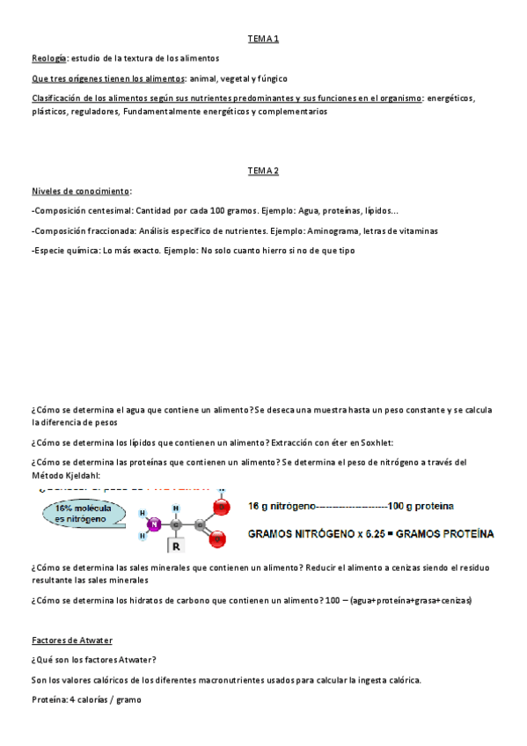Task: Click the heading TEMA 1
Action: click(x=263, y=39)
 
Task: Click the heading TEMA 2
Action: click(x=263, y=171)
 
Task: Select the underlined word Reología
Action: click(x=48, y=58)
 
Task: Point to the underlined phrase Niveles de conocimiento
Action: click(x=80, y=191)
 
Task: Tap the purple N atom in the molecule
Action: click(x=153, y=525)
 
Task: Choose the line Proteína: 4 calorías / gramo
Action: click(x=85, y=699)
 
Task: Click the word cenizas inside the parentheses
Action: click(x=450, y=600)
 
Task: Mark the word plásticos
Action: click(x=53, y=112)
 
